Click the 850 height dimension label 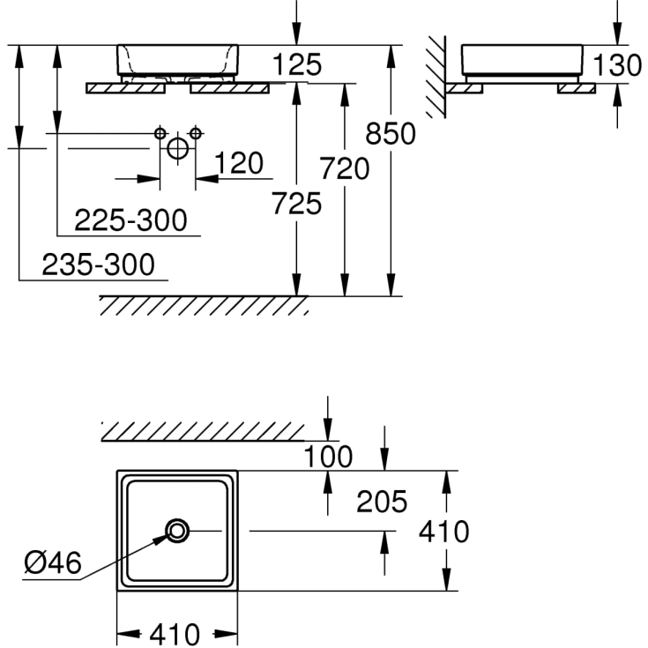click(x=391, y=133)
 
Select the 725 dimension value click(x=296, y=204)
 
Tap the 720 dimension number click(x=345, y=168)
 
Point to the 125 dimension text click(x=297, y=64)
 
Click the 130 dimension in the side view click(x=617, y=65)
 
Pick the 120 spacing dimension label click(x=238, y=163)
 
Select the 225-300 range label click(x=130, y=220)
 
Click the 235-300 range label click(x=99, y=264)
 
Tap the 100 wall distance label click(x=328, y=457)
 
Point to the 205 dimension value click(x=382, y=502)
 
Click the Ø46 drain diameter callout click(x=53, y=562)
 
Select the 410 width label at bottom click(x=175, y=634)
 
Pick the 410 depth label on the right click(x=443, y=531)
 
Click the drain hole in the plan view click(x=177, y=531)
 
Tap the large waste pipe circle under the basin click(x=178, y=148)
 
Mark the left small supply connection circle click(x=160, y=133)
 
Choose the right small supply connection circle click(x=196, y=133)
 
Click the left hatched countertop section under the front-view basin click(x=125, y=88)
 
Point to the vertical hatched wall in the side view click(x=436, y=78)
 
